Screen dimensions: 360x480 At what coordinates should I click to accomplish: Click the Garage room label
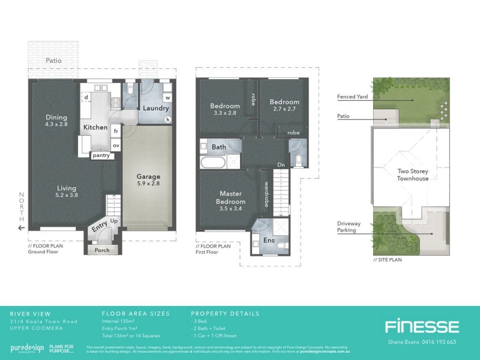coord(148,177)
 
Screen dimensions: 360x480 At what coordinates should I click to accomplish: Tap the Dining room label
coord(56,118)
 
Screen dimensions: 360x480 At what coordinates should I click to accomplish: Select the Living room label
coord(66,188)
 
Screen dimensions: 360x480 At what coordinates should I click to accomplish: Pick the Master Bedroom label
coord(230,197)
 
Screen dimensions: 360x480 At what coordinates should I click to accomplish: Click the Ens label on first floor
coord(269,241)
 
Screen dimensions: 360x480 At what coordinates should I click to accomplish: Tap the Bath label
coord(218,146)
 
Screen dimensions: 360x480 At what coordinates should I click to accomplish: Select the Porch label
coord(103,250)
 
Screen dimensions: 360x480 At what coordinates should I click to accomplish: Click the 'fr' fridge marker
coord(116,130)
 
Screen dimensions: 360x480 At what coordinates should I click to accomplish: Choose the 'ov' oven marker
coord(116,145)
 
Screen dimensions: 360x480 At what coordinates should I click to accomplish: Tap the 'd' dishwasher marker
coord(86,97)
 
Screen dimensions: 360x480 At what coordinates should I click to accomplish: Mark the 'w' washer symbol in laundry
coord(167,97)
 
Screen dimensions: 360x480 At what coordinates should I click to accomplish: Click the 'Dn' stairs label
coord(281,164)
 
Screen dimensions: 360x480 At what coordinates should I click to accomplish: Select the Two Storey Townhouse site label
coord(413,175)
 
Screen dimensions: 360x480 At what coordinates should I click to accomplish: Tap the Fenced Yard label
coord(352,97)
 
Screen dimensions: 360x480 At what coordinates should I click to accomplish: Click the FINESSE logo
coord(422,327)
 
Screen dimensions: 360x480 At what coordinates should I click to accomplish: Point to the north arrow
coord(22,228)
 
